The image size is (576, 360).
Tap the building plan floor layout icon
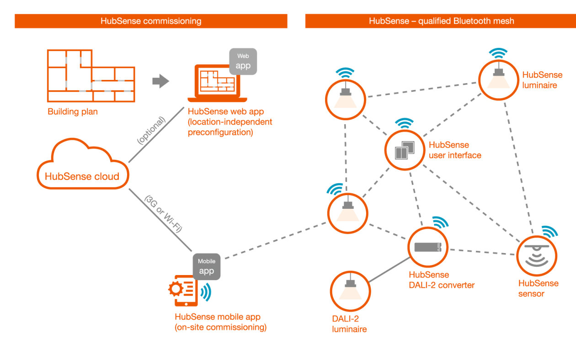(91, 76)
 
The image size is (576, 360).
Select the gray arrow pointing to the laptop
(160, 82)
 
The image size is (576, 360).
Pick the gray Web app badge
(243, 61)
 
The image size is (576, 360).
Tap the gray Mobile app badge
(207, 266)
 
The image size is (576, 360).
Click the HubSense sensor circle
(537, 256)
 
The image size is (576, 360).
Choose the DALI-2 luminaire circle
(350, 291)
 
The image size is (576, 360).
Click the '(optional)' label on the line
(151, 131)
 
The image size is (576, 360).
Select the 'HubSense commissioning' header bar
(151, 21)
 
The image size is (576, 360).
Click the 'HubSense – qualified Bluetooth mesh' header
(441, 21)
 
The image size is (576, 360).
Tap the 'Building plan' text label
(73, 111)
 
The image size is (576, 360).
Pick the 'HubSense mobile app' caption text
(217, 317)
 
